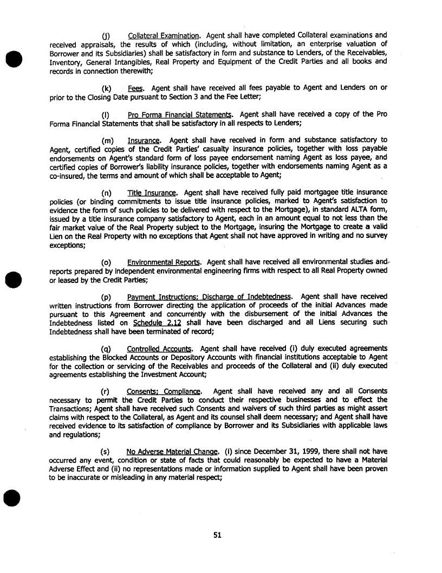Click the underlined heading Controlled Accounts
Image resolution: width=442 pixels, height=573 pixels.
point(160,349)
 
